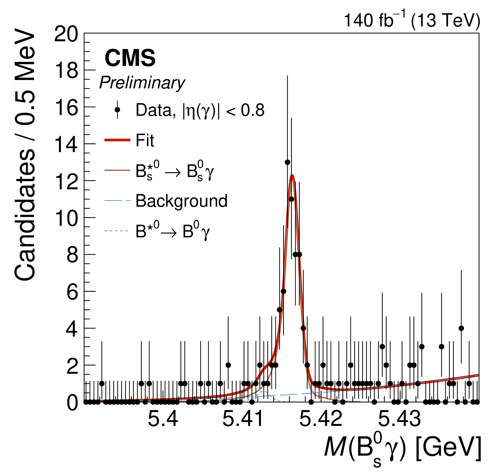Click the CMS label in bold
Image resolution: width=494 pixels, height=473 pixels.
(130, 58)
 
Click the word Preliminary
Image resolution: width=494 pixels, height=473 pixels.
(142, 83)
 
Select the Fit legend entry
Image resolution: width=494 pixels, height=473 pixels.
(145, 140)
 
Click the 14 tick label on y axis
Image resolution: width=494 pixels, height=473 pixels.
(66, 145)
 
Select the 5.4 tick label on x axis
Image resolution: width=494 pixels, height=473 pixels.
(163, 419)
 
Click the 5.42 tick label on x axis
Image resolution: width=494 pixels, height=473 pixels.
(321, 419)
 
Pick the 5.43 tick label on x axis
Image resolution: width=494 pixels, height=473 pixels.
(399, 419)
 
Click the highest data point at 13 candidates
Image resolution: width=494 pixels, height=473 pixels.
(287, 162)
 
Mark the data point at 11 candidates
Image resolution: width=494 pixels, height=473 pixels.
(291, 199)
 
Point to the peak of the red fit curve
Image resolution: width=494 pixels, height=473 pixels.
(292, 175)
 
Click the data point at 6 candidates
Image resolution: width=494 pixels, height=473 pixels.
(283, 291)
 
